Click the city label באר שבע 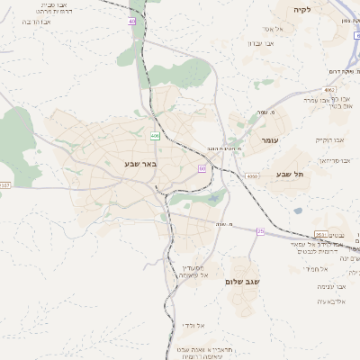[141, 164]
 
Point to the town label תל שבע [290, 174]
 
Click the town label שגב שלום [242, 282]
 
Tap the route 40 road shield [131, 20]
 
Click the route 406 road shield [155, 136]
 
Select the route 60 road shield [202, 168]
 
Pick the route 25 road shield [260, 231]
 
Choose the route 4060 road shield [251, 176]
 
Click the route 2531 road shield [321, 234]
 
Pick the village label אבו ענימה [324, 285]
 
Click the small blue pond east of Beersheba [297, 211]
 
